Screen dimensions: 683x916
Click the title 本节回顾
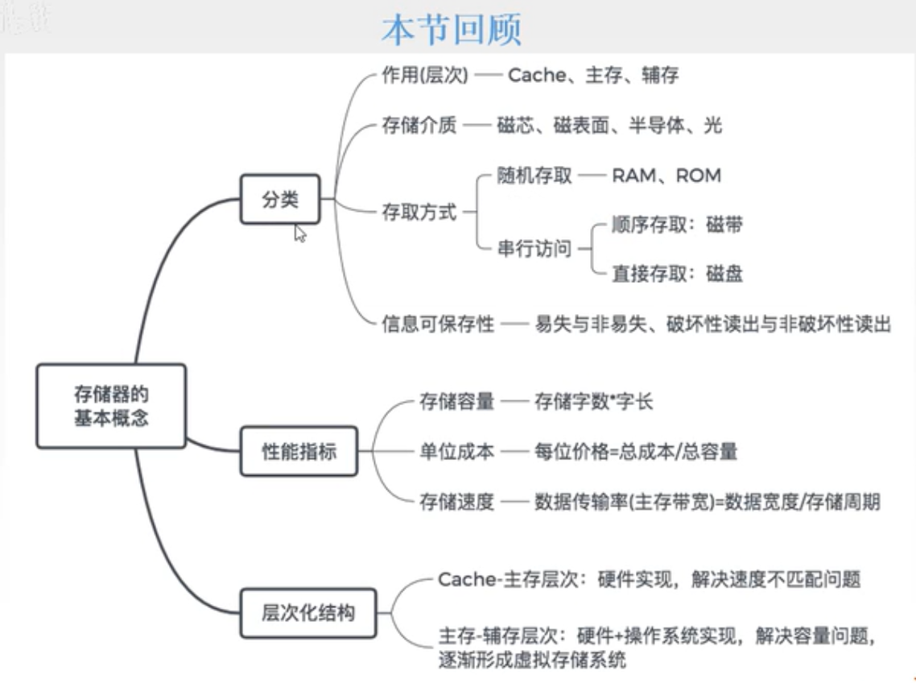click(452, 29)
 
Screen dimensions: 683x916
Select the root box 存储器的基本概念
click(111, 406)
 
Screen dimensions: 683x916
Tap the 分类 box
click(280, 200)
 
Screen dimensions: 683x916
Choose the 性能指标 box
click(299, 452)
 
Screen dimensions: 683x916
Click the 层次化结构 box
click(308, 613)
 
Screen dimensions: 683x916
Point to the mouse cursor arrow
click(299, 234)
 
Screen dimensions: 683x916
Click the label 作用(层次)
click(424, 76)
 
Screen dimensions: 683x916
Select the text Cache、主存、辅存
click(592, 76)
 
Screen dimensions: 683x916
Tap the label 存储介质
click(419, 126)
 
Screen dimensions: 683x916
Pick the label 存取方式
click(419, 213)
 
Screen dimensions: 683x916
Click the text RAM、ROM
click(666, 176)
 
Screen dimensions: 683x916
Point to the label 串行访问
click(534, 249)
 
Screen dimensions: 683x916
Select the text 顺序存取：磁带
click(676, 225)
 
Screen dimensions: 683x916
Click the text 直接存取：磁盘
click(676, 274)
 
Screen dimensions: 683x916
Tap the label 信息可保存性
click(437, 325)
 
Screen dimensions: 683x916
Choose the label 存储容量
click(456, 402)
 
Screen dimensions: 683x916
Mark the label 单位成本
click(456, 452)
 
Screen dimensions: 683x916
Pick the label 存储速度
click(456, 502)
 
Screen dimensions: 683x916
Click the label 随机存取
click(534, 176)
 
